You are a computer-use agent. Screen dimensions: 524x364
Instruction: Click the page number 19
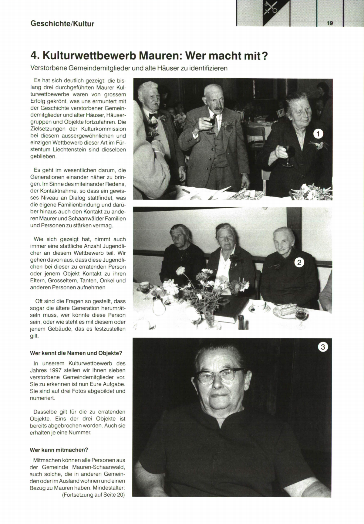pyautogui.click(x=330, y=23)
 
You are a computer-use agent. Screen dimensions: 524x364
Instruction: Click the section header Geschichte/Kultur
pyautogui.click(x=62, y=24)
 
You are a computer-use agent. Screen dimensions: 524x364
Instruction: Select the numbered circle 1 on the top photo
pyautogui.click(x=318, y=134)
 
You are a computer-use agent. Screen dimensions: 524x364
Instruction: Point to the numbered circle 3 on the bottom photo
pyautogui.click(x=323, y=347)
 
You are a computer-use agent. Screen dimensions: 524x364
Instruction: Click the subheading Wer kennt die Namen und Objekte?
pyautogui.click(x=76, y=353)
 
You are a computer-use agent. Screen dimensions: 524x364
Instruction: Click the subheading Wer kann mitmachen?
pyautogui.click(x=59, y=450)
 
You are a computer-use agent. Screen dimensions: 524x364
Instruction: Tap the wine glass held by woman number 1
pyautogui.click(x=288, y=154)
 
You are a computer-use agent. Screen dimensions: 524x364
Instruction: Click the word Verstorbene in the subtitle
pyautogui.click(x=49, y=68)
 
